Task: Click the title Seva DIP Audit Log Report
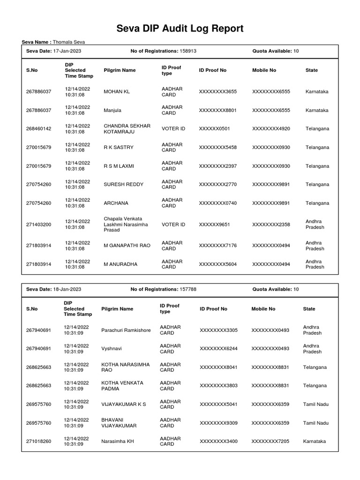[180, 29]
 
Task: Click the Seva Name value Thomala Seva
[69, 42]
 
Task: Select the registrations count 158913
[187, 51]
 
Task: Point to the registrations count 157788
[187, 290]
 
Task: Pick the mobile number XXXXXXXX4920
[271, 128]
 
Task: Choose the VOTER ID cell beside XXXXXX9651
[173, 225]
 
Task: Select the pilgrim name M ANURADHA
[120, 264]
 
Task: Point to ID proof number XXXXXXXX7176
[218, 246]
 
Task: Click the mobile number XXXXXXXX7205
[270, 442]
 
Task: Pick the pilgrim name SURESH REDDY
[123, 184]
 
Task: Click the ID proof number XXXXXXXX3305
[218, 330]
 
